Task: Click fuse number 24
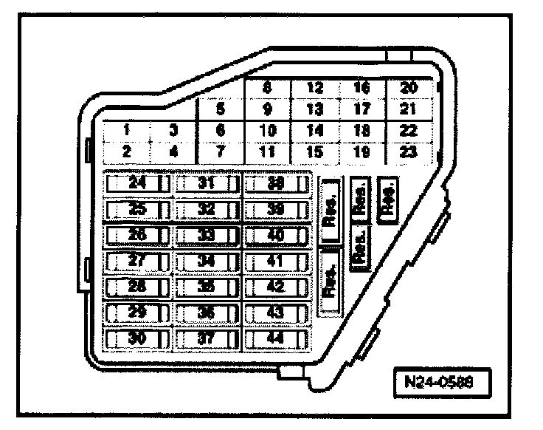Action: click(x=136, y=182)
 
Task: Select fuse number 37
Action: click(x=206, y=338)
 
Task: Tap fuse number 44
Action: click(x=275, y=338)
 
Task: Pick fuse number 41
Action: click(x=275, y=261)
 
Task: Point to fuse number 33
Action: click(x=206, y=235)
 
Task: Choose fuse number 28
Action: click(x=136, y=287)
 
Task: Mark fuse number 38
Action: click(x=275, y=182)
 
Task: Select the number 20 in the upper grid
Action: click(x=408, y=88)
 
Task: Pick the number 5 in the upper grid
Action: click(x=220, y=109)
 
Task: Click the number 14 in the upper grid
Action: click(x=315, y=130)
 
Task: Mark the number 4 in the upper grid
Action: click(x=173, y=151)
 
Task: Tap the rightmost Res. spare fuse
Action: click(x=387, y=198)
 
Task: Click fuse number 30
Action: click(x=136, y=338)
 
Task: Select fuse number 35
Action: click(x=206, y=287)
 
